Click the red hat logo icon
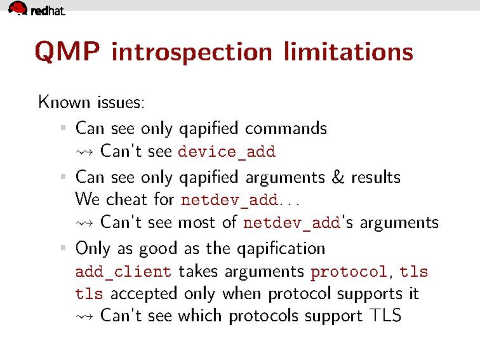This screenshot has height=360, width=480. (x=18, y=8)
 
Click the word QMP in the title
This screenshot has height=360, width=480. (x=67, y=52)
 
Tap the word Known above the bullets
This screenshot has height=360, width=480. (x=64, y=102)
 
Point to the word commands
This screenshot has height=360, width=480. (x=286, y=128)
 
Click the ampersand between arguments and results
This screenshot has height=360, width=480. (x=338, y=177)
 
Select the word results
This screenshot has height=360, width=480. (x=376, y=177)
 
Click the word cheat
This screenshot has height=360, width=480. (x=127, y=199)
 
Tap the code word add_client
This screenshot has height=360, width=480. (x=123, y=272)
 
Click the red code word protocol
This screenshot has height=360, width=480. (x=349, y=272)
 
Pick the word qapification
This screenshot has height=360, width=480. (x=281, y=249)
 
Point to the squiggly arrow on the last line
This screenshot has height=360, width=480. (x=84, y=316)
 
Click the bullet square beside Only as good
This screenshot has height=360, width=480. (x=63, y=248)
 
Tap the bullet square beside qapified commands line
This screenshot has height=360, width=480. (x=63, y=128)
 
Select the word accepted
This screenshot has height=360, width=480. (x=144, y=294)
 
